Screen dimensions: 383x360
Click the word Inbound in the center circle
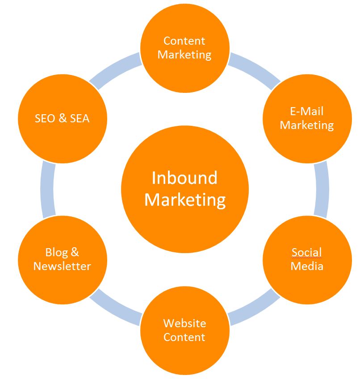coord(184,178)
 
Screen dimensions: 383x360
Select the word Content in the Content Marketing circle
coord(184,41)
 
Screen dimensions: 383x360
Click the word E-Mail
coord(306,111)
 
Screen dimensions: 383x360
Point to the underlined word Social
coord(306,252)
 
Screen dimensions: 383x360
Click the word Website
coord(184,323)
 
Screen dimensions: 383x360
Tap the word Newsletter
coord(62,266)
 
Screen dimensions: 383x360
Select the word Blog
coord(57,252)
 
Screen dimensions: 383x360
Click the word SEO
coord(45,118)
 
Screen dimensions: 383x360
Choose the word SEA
coord(79,118)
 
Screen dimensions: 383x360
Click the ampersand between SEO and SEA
coord(62,118)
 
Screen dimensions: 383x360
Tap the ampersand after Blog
coord(74,252)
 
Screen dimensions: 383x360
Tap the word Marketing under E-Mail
coord(306,125)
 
